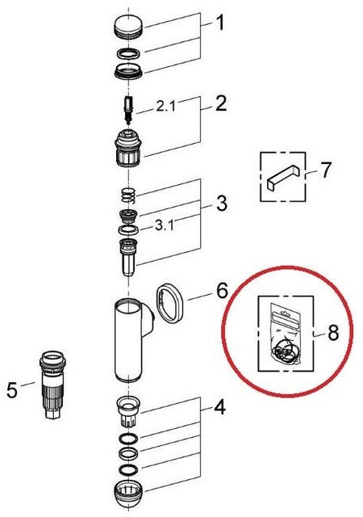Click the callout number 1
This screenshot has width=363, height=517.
219,23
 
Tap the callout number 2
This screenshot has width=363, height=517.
221,103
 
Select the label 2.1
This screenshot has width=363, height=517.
165,106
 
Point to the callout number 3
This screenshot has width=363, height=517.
222,203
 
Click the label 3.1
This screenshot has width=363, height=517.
165,225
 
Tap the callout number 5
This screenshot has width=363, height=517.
12,390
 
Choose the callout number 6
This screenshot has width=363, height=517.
222,291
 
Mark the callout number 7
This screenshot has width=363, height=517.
325,170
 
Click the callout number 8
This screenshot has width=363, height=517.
333,333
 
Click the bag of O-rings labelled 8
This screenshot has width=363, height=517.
285,334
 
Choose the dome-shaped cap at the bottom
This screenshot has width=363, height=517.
129,495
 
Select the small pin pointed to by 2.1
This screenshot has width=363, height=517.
128,110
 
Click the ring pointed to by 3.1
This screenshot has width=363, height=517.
128,229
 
